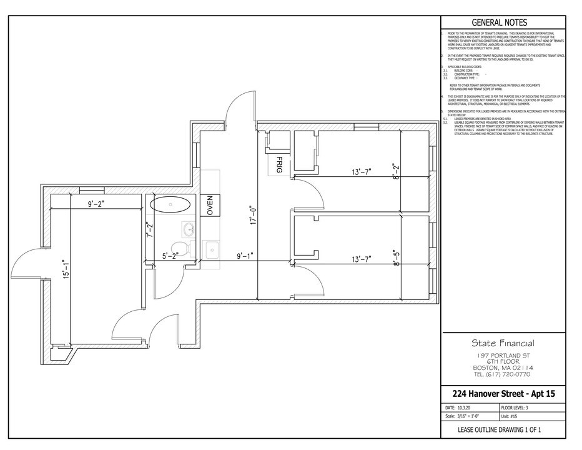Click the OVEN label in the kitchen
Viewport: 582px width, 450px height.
[210, 206]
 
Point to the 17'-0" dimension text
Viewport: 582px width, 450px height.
[252, 216]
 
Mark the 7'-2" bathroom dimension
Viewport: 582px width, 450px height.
[149, 231]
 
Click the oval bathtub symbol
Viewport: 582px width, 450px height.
[171, 204]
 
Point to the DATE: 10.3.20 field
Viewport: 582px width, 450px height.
[461, 407]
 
